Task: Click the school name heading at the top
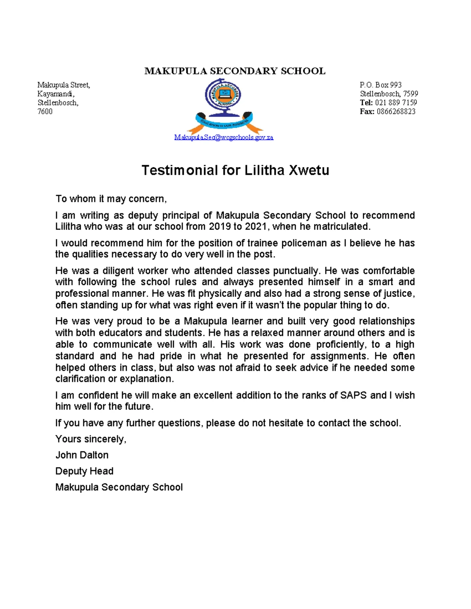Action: point(235,71)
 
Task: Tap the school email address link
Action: point(224,137)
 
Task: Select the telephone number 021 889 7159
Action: point(396,102)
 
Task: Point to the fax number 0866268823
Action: point(396,111)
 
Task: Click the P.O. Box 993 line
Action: point(380,85)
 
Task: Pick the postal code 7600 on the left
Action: point(45,111)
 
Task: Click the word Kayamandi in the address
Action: point(55,94)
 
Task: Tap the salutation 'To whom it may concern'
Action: point(111,199)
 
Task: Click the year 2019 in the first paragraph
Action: point(220,227)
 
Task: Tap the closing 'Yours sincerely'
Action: point(91,439)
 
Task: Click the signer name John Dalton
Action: point(82,455)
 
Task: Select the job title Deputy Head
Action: point(84,471)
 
